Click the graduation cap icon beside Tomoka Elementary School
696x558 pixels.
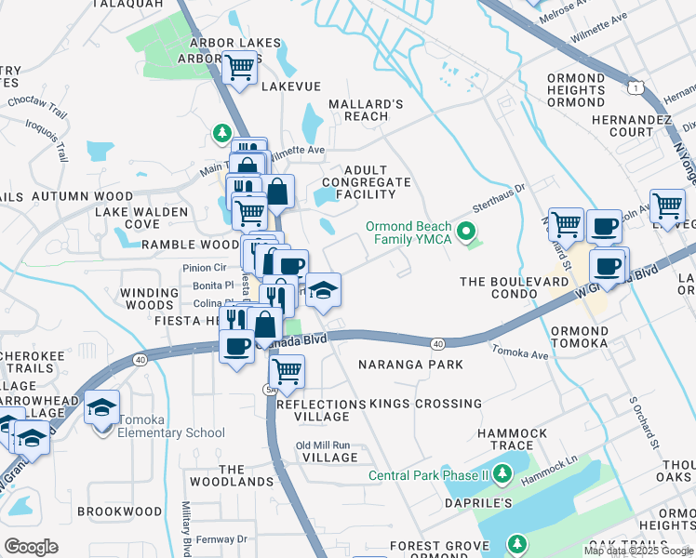coord(102,406)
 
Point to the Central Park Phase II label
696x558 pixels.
coord(428,476)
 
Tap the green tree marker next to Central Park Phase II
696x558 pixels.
coord(503,475)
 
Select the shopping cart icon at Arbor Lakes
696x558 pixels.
coord(240,67)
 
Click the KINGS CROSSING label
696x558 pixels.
coord(426,404)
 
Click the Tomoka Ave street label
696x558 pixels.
coord(522,353)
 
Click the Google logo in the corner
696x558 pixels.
coord(31,547)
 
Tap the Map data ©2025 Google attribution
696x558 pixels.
coord(638,551)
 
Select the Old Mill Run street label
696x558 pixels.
coord(323,445)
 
